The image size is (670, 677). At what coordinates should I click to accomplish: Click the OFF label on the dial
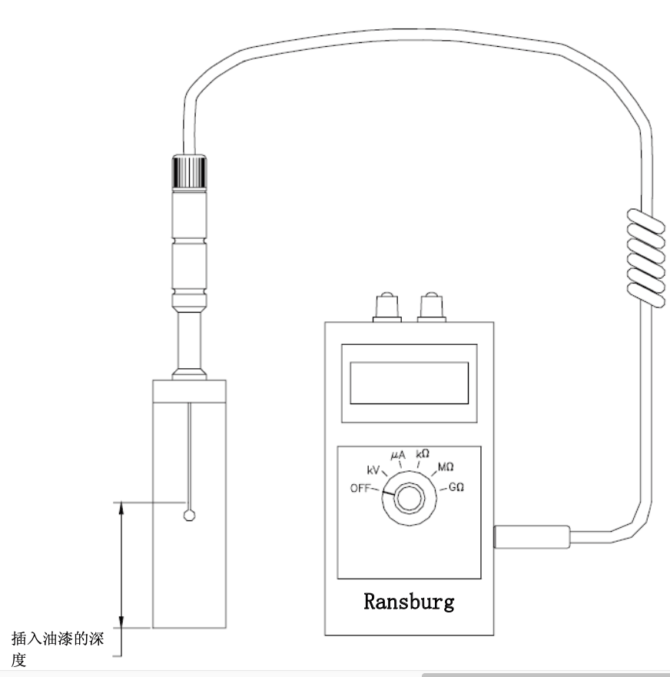[x=360, y=488]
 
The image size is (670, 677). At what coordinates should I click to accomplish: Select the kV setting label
[x=373, y=470]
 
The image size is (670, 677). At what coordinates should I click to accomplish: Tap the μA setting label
[x=398, y=455]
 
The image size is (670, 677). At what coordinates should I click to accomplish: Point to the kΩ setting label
[x=423, y=454]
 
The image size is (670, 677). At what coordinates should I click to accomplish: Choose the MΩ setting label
[x=446, y=466]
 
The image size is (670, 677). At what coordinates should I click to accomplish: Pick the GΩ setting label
[x=456, y=487]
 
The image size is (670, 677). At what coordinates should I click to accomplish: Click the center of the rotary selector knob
[x=410, y=498]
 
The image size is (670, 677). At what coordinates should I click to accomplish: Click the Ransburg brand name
[x=409, y=602]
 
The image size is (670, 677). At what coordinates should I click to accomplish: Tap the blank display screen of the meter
[x=410, y=383]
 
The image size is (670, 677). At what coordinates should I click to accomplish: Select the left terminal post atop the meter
[x=387, y=307]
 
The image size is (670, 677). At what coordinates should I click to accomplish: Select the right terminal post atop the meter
[x=432, y=307]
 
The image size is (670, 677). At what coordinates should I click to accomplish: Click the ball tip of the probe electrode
[x=190, y=516]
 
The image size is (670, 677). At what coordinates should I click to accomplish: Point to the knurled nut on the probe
[x=189, y=172]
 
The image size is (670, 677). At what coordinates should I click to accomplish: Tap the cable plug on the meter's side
[x=532, y=536]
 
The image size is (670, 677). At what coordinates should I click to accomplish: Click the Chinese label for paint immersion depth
[x=57, y=649]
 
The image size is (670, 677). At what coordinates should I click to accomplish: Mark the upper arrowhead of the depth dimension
[x=121, y=509]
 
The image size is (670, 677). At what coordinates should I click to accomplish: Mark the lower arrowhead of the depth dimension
[x=121, y=621]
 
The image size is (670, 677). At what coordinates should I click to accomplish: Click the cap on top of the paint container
[x=189, y=392]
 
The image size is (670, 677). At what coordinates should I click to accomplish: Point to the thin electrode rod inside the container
[x=189, y=456]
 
